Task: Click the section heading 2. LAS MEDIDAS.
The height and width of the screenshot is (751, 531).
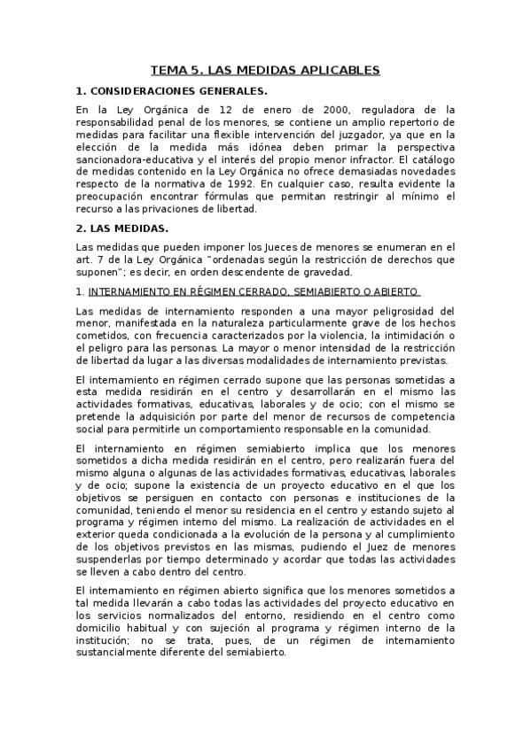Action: [121, 228]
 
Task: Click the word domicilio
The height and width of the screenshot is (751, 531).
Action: [102, 629]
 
